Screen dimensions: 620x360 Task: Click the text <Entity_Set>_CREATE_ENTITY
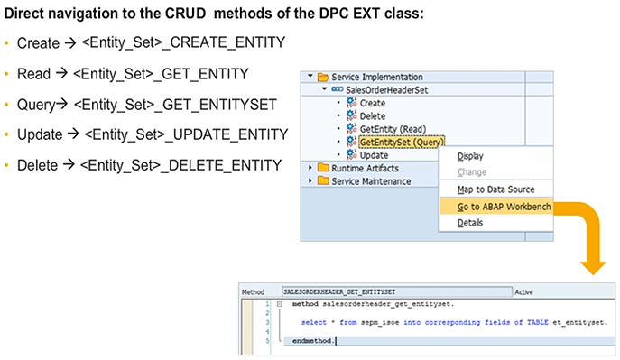183,42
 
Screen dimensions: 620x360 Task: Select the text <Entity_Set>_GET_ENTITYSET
175,105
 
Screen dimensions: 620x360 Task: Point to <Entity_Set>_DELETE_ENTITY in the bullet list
181,165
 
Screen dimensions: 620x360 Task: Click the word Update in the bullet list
40,134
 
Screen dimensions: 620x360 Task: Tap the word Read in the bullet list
33,74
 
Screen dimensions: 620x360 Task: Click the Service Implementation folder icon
323,77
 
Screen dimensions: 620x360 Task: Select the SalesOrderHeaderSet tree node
386,90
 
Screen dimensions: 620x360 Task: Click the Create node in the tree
372,103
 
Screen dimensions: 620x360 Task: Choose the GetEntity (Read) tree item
393,129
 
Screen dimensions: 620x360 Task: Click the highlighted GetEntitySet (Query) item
402,142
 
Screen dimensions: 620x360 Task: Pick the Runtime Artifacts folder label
365,168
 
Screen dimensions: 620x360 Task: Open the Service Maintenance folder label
371,181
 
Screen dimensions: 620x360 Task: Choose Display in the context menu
470,156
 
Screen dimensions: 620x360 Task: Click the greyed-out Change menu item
472,172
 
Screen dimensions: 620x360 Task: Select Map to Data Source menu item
495,189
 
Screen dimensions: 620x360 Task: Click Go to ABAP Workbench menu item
504,207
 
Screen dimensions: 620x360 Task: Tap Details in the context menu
470,223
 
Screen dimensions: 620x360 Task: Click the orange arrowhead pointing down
593,267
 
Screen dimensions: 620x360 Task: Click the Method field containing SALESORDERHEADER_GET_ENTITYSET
397,292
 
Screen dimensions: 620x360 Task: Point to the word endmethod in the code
313,341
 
